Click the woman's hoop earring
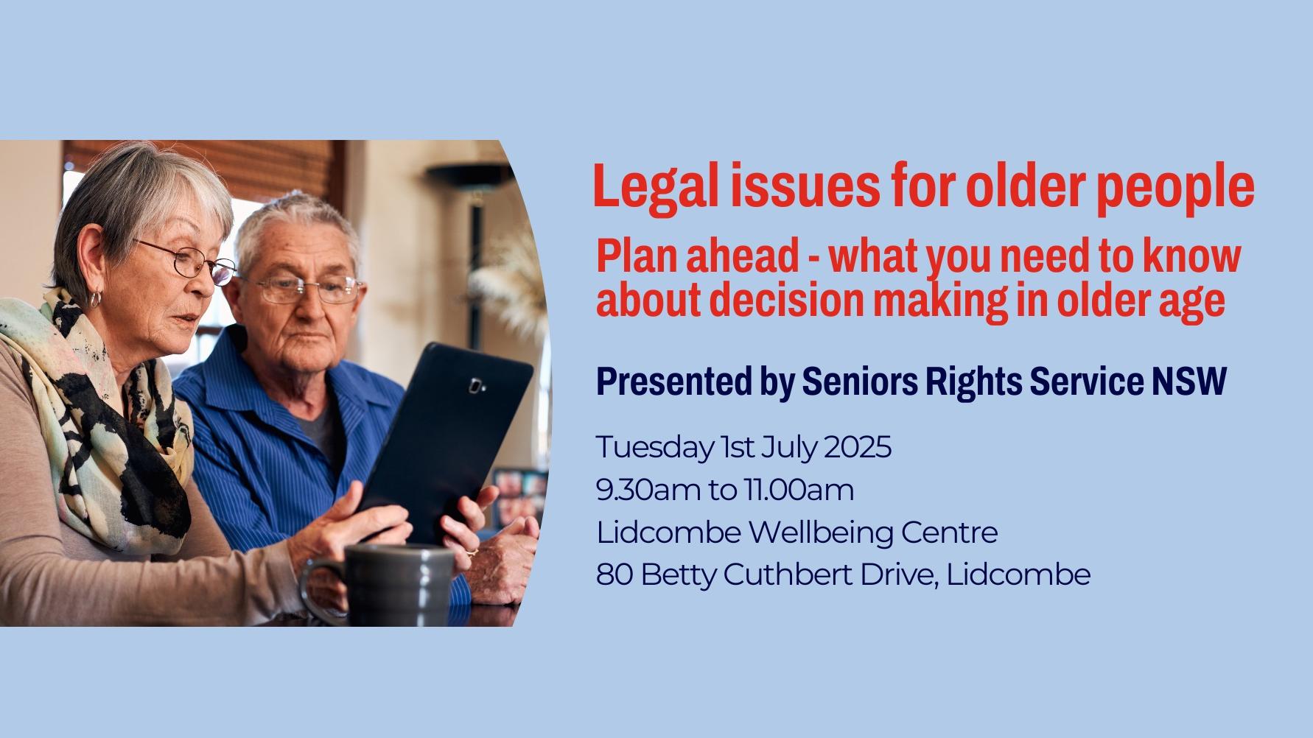(x=95, y=299)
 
